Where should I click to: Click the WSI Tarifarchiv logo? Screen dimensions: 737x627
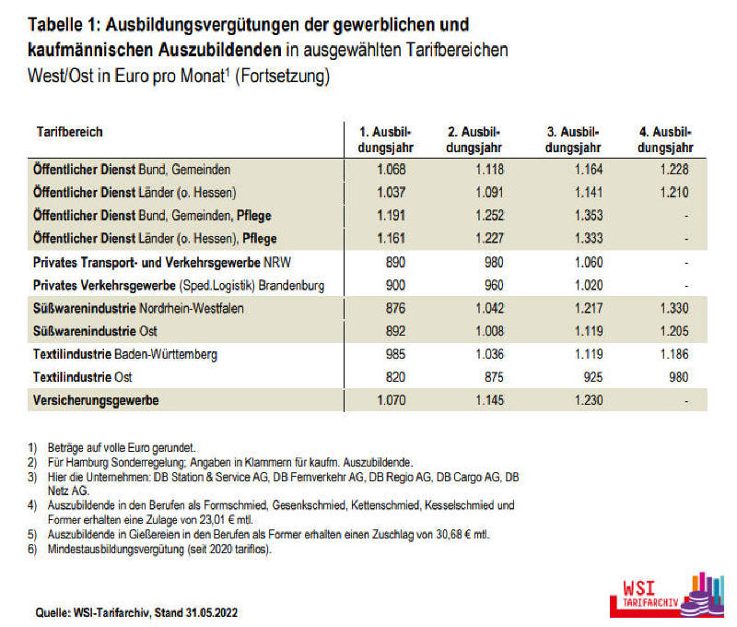click(667, 595)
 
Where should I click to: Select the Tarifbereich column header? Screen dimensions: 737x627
click(70, 132)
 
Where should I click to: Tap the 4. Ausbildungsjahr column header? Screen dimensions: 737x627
click(665, 140)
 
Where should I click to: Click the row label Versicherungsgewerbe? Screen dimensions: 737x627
click(96, 400)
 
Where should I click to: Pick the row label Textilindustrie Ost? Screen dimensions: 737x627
click(83, 377)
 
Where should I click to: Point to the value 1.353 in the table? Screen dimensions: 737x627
click(589, 216)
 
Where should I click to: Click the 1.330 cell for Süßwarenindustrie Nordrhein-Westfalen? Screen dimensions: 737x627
click(674, 308)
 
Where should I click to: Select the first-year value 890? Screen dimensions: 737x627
click(395, 262)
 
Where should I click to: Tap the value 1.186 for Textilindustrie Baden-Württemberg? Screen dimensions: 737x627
click(674, 354)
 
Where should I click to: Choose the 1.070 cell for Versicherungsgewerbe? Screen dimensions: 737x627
click(391, 400)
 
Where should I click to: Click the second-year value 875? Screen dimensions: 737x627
click(494, 377)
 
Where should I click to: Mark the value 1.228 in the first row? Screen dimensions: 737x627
click(674, 170)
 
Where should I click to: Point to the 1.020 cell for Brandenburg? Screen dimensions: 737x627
click(589, 285)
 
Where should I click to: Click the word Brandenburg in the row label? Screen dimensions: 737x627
click(291, 286)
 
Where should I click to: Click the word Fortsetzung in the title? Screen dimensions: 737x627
click(283, 76)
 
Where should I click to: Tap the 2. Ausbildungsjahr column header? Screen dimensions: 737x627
click(474, 140)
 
